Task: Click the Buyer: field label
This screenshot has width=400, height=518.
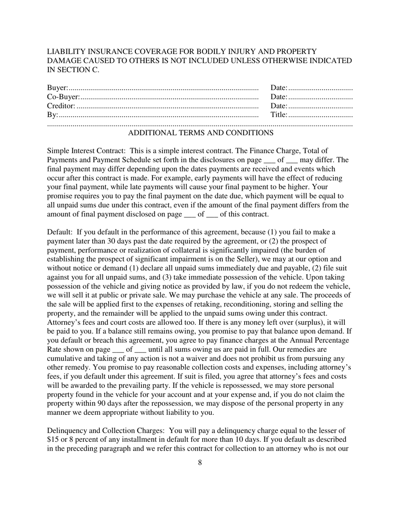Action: click(x=57, y=88)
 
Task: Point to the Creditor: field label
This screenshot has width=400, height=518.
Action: click(x=61, y=106)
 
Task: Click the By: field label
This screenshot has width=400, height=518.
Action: click(x=52, y=115)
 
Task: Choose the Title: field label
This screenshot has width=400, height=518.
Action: click(x=279, y=115)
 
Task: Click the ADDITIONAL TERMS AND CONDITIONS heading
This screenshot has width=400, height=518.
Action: click(x=200, y=133)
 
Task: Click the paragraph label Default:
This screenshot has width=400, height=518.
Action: click(x=60, y=232)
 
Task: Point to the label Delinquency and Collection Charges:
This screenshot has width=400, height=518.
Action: click(x=106, y=430)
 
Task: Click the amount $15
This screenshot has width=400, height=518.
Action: click(x=52, y=440)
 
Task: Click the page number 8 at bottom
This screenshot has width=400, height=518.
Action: click(x=200, y=463)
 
